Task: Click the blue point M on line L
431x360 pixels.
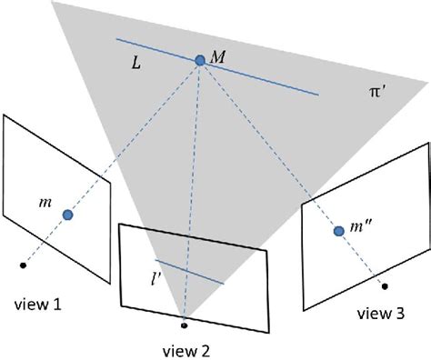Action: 200,61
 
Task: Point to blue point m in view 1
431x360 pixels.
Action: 67,215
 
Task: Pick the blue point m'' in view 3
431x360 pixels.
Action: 338,232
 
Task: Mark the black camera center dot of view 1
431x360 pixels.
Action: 22,265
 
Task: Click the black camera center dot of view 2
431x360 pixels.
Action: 185,323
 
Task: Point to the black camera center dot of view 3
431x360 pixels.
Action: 385,287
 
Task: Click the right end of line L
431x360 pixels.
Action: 318,94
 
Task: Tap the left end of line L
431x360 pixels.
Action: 116,40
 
